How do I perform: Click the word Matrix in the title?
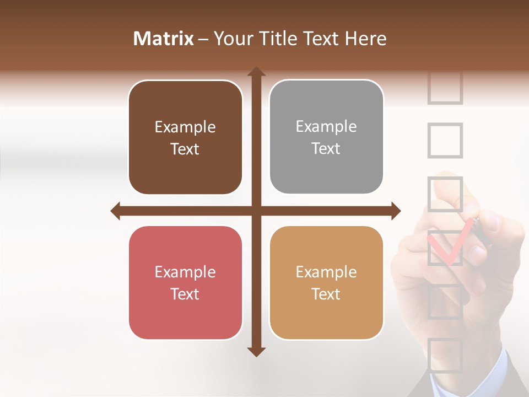click(164, 39)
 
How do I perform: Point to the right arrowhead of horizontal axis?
click(395, 211)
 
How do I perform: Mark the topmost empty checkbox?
click(445, 88)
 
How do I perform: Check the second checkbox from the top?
click(445, 141)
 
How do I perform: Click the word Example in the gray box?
click(326, 127)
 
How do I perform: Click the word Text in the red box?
click(185, 294)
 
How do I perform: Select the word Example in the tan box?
click(326, 272)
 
